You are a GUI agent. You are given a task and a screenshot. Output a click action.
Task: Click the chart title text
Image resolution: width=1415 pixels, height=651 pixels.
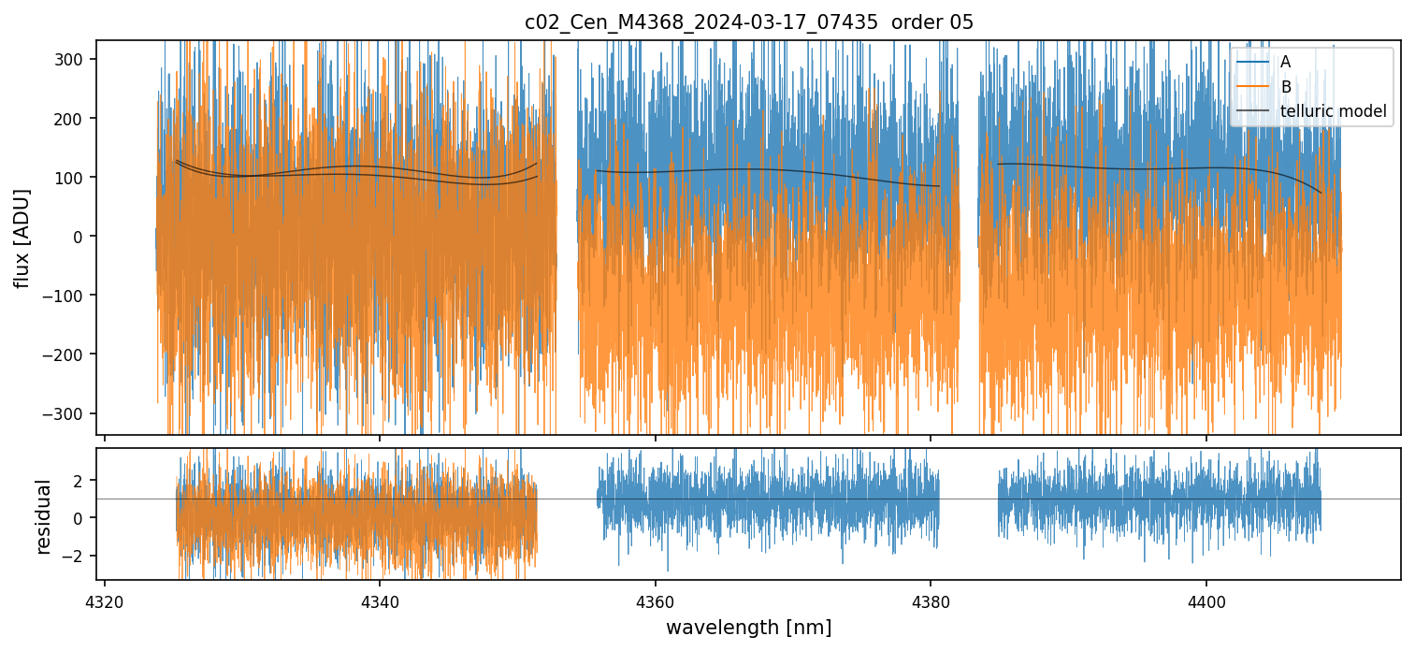coord(748,22)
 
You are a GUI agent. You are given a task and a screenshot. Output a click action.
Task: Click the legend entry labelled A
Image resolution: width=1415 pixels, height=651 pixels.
coord(1285,62)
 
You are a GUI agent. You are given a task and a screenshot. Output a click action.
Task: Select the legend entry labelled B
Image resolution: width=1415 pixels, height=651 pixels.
coord(1286,87)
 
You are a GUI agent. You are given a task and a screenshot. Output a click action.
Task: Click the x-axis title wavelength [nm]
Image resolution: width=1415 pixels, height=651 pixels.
coord(748,627)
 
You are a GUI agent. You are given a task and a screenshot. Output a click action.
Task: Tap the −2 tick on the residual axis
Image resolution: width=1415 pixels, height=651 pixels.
coord(75,556)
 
